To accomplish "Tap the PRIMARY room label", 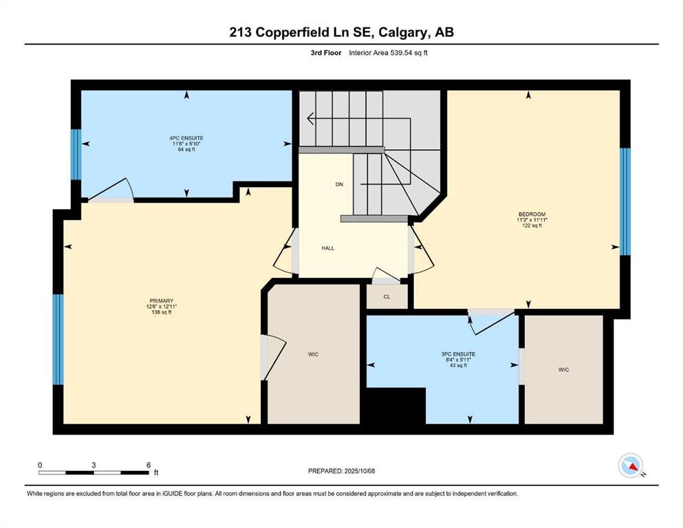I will (162, 300).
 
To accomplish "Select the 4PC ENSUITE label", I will (186, 138).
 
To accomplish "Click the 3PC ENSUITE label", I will (459, 354).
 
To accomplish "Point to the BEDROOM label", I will (532, 214).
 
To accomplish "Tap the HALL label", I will (328, 248).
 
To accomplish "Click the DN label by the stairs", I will (339, 185).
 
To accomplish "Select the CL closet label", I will (387, 297).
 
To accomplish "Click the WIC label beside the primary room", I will (314, 355).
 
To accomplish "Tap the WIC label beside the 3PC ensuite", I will (563, 370).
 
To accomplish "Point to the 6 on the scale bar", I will (148, 465).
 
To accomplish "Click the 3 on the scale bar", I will (94, 465).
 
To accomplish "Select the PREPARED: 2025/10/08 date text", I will (342, 471).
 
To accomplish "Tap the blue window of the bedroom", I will (625, 201).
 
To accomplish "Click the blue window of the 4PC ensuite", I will (76, 155).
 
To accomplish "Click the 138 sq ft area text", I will (162, 313).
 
